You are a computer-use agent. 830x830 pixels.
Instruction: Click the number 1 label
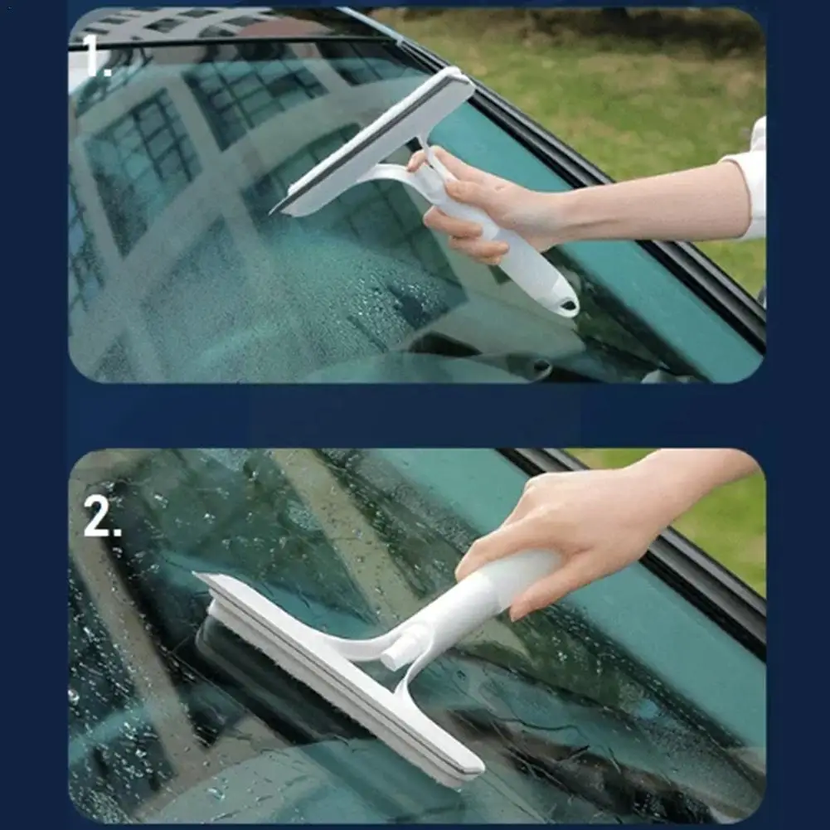tap(97, 56)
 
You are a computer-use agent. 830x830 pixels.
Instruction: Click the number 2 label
tap(102, 517)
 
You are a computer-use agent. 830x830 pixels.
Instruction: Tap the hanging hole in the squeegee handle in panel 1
tap(568, 305)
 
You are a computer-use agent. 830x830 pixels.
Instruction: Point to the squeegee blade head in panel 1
tap(373, 141)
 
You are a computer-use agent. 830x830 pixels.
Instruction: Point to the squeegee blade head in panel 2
tap(339, 677)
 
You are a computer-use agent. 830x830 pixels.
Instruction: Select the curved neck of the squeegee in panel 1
tap(391, 175)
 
